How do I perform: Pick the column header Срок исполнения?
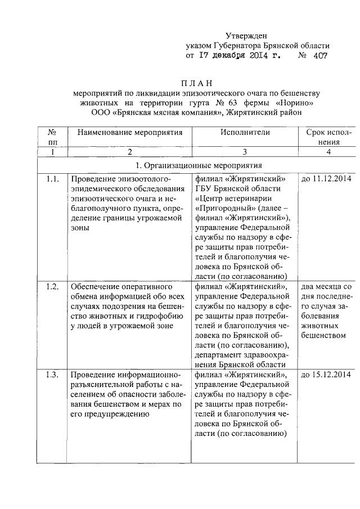click(329, 137)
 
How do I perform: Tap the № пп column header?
click(52, 137)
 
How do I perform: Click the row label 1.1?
click(52, 179)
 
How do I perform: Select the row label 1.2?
click(52, 287)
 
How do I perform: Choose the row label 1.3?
click(52, 375)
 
